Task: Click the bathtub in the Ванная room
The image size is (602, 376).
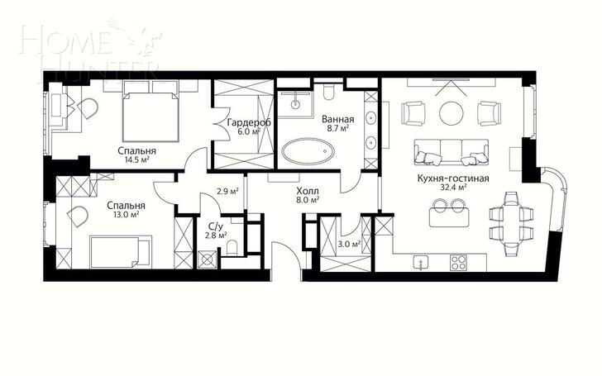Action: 308,151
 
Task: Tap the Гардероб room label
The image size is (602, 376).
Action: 249,122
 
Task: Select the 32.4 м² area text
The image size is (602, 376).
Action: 453,188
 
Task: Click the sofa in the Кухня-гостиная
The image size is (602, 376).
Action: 451,152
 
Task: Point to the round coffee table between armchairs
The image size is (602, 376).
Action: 451,113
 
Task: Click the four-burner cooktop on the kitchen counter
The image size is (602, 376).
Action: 458,263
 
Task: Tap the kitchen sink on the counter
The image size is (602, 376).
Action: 421,263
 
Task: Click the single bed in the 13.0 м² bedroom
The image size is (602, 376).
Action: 120,252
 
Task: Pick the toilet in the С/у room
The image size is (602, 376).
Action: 232,248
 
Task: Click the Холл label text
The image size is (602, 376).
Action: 308,191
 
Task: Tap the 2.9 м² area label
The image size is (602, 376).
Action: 228,191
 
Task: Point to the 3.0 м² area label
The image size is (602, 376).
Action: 349,244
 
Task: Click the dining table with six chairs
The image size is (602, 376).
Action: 511,221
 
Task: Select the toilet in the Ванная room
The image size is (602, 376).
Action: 328,93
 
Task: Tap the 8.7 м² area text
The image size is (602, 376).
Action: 338,128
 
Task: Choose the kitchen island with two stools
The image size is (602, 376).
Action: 450,213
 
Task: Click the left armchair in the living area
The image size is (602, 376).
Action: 413,113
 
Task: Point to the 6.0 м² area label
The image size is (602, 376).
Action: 249,131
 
